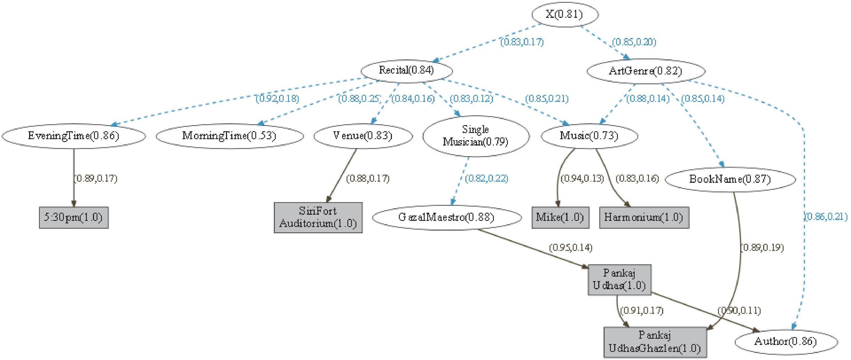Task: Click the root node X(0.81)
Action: pos(564,15)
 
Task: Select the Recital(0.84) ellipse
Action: pos(406,70)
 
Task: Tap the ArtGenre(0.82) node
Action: pos(646,71)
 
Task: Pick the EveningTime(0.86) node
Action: pos(73,136)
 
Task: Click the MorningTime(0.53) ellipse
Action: pos(229,136)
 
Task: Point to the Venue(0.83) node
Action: pos(363,136)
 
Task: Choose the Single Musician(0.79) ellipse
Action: pos(476,136)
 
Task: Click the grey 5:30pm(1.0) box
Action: pos(74,217)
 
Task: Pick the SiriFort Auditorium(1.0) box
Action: pos(318,217)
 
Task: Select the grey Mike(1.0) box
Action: pos(560,217)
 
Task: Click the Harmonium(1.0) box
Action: pos(644,217)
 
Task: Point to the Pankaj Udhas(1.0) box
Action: pos(619,279)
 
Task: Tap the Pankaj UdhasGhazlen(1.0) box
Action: pos(655,342)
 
